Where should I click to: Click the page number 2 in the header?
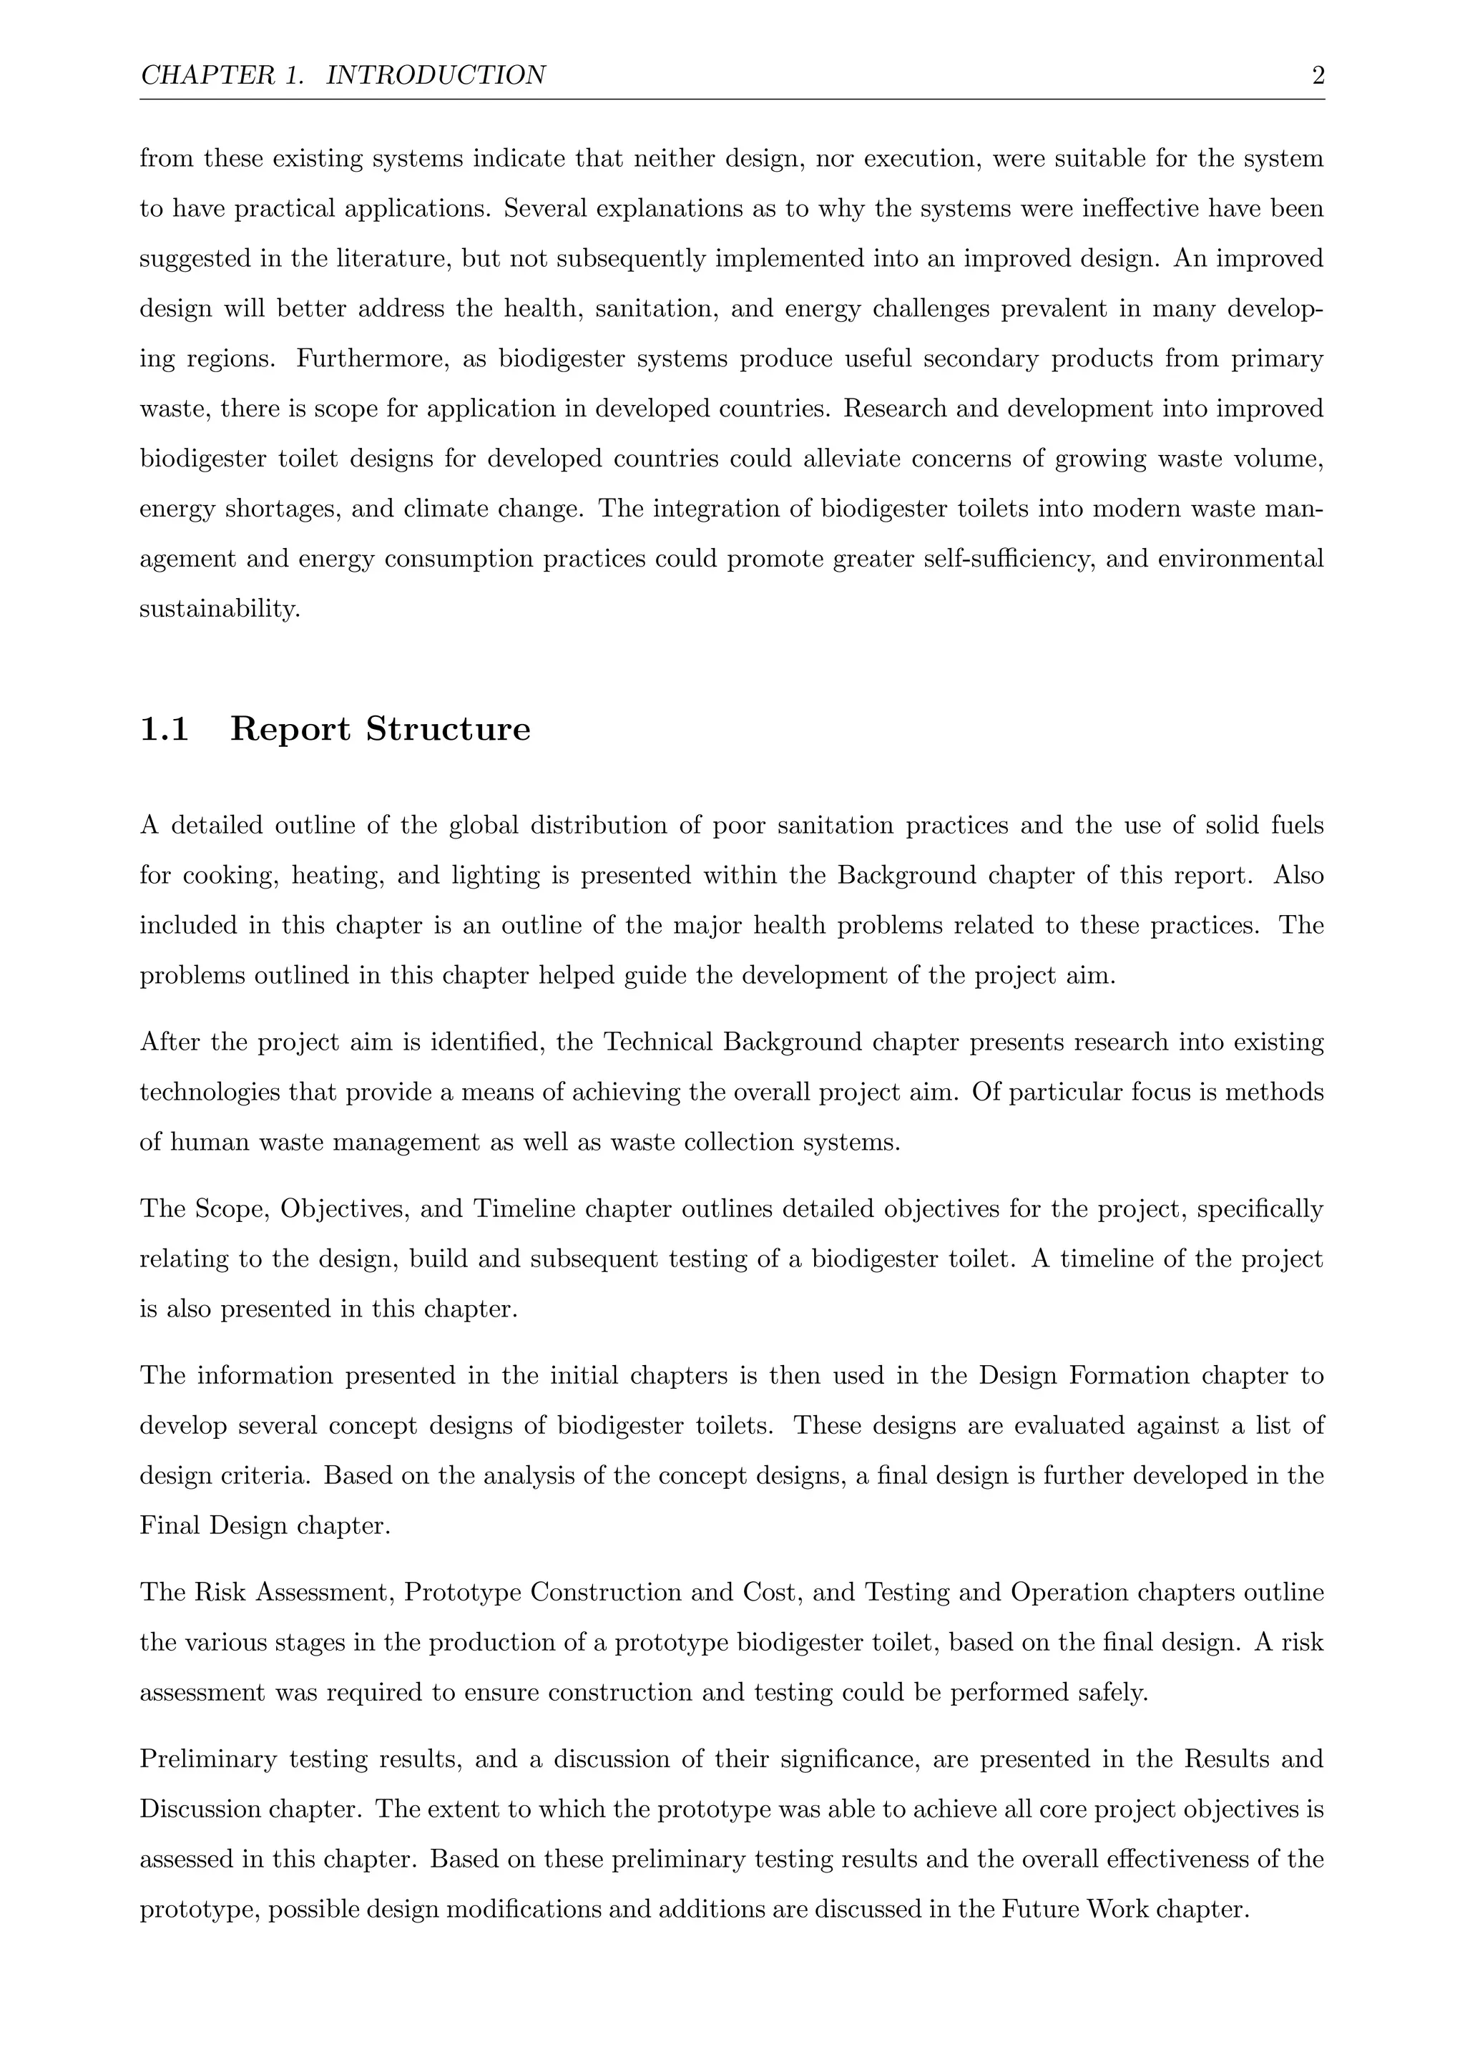[x=1317, y=76]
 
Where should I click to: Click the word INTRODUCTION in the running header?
[x=435, y=76]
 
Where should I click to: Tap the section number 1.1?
[x=165, y=729]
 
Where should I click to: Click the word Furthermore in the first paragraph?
[x=373, y=359]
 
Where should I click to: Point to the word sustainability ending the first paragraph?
[x=218, y=609]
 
